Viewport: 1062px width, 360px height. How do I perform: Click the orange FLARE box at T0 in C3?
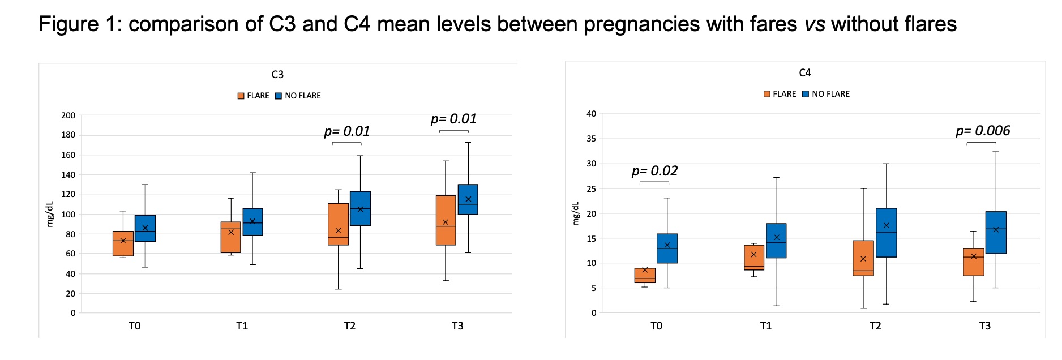[123, 243]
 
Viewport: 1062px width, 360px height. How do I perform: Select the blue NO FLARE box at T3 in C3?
[468, 199]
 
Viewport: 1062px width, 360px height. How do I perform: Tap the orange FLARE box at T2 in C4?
[863, 258]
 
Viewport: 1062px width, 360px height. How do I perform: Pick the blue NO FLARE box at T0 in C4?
[667, 248]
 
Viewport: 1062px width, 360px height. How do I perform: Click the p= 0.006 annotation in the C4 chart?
[983, 131]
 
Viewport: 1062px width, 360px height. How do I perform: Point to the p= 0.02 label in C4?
[654, 171]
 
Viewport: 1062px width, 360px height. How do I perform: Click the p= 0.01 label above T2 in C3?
[346, 131]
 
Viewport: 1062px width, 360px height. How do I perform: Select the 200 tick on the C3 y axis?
[68, 115]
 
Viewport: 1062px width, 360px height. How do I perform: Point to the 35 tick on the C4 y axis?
[591, 139]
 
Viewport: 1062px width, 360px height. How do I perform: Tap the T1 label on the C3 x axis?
[242, 326]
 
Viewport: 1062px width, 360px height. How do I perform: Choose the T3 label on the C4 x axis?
[984, 326]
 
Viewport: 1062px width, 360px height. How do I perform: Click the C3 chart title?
[277, 75]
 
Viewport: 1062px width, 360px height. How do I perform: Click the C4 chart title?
[804, 73]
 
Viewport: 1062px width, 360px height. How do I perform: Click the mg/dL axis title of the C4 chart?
[576, 213]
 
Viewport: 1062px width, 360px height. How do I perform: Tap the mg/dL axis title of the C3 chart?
[49, 214]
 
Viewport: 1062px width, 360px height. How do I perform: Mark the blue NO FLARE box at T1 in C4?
[776, 241]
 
